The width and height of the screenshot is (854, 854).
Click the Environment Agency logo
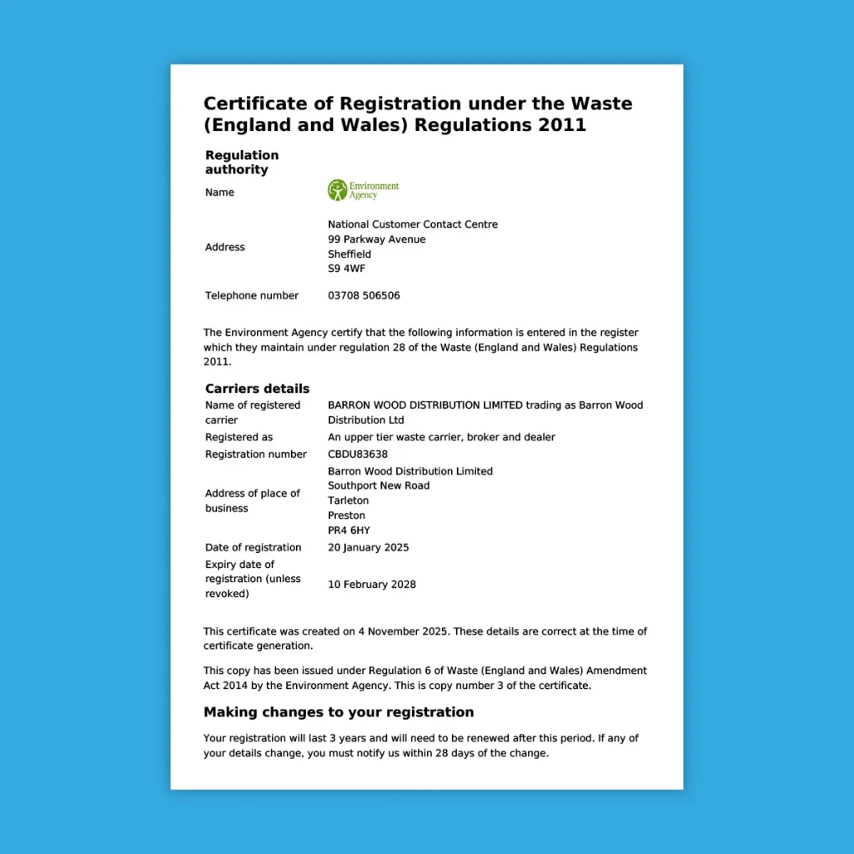pos(363,190)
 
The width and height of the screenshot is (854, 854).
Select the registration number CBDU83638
pos(358,455)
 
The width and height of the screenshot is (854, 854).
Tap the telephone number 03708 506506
pos(364,295)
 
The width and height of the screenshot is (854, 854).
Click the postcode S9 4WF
pos(346,269)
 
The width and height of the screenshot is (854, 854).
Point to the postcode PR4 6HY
pos(349,530)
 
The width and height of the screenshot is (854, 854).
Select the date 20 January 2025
pos(368,548)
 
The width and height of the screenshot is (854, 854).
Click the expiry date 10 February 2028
pos(371,585)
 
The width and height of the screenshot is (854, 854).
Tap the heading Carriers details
pos(257,389)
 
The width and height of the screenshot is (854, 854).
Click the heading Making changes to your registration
pos(338,712)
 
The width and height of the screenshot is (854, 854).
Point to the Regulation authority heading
pos(242,162)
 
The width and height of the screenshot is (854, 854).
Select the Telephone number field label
pos(251,295)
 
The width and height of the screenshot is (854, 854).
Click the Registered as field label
pos(239,437)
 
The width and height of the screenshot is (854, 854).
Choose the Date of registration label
pos(253,548)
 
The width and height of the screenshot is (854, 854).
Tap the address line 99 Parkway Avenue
pos(376,239)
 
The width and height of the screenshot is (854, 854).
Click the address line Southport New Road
pos(379,485)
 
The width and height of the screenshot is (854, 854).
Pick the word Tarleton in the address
pos(348,500)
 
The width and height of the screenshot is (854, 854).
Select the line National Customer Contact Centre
pos(412,224)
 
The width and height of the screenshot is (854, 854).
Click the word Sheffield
pos(349,254)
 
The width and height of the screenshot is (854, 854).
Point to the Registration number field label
pos(255,455)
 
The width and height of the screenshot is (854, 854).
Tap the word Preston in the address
pos(346,515)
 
